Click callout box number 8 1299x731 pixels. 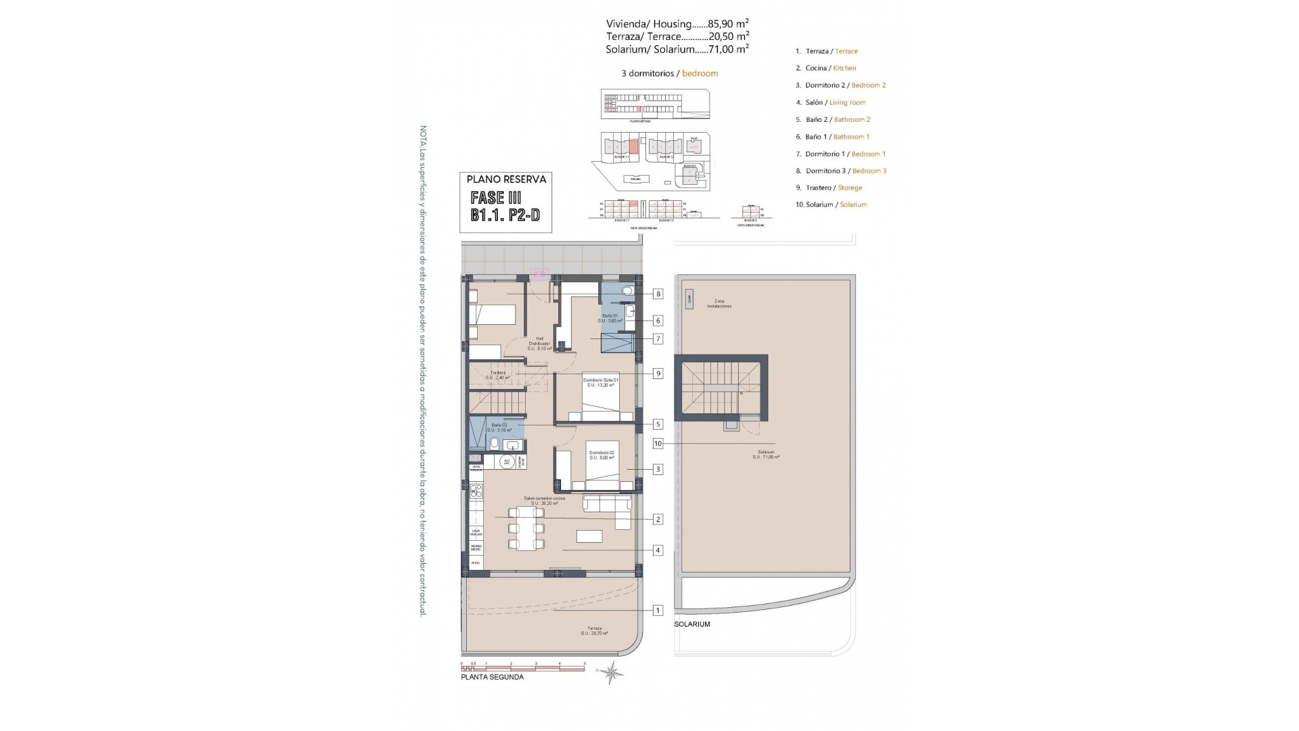tap(658, 294)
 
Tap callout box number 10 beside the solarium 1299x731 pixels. tap(658, 443)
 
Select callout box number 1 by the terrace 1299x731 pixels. tap(658, 611)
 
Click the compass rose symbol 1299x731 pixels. tap(612, 672)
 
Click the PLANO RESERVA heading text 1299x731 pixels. tap(506, 179)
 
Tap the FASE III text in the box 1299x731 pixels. tap(496, 198)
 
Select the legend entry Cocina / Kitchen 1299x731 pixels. tap(830, 68)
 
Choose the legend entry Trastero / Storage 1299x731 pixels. tap(834, 187)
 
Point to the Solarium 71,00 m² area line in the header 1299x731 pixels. tap(677, 49)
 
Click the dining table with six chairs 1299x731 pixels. tap(526, 529)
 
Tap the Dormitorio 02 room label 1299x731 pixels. tap(601, 455)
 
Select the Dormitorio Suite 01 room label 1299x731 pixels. tap(601, 382)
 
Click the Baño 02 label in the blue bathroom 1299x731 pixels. tap(499, 427)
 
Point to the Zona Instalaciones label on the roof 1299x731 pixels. tap(719, 303)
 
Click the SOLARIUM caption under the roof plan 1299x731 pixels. tap(692, 624)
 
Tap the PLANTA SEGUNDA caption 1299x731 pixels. tap(492, 677)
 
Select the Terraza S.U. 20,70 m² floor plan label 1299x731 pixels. tap(594, 631)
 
